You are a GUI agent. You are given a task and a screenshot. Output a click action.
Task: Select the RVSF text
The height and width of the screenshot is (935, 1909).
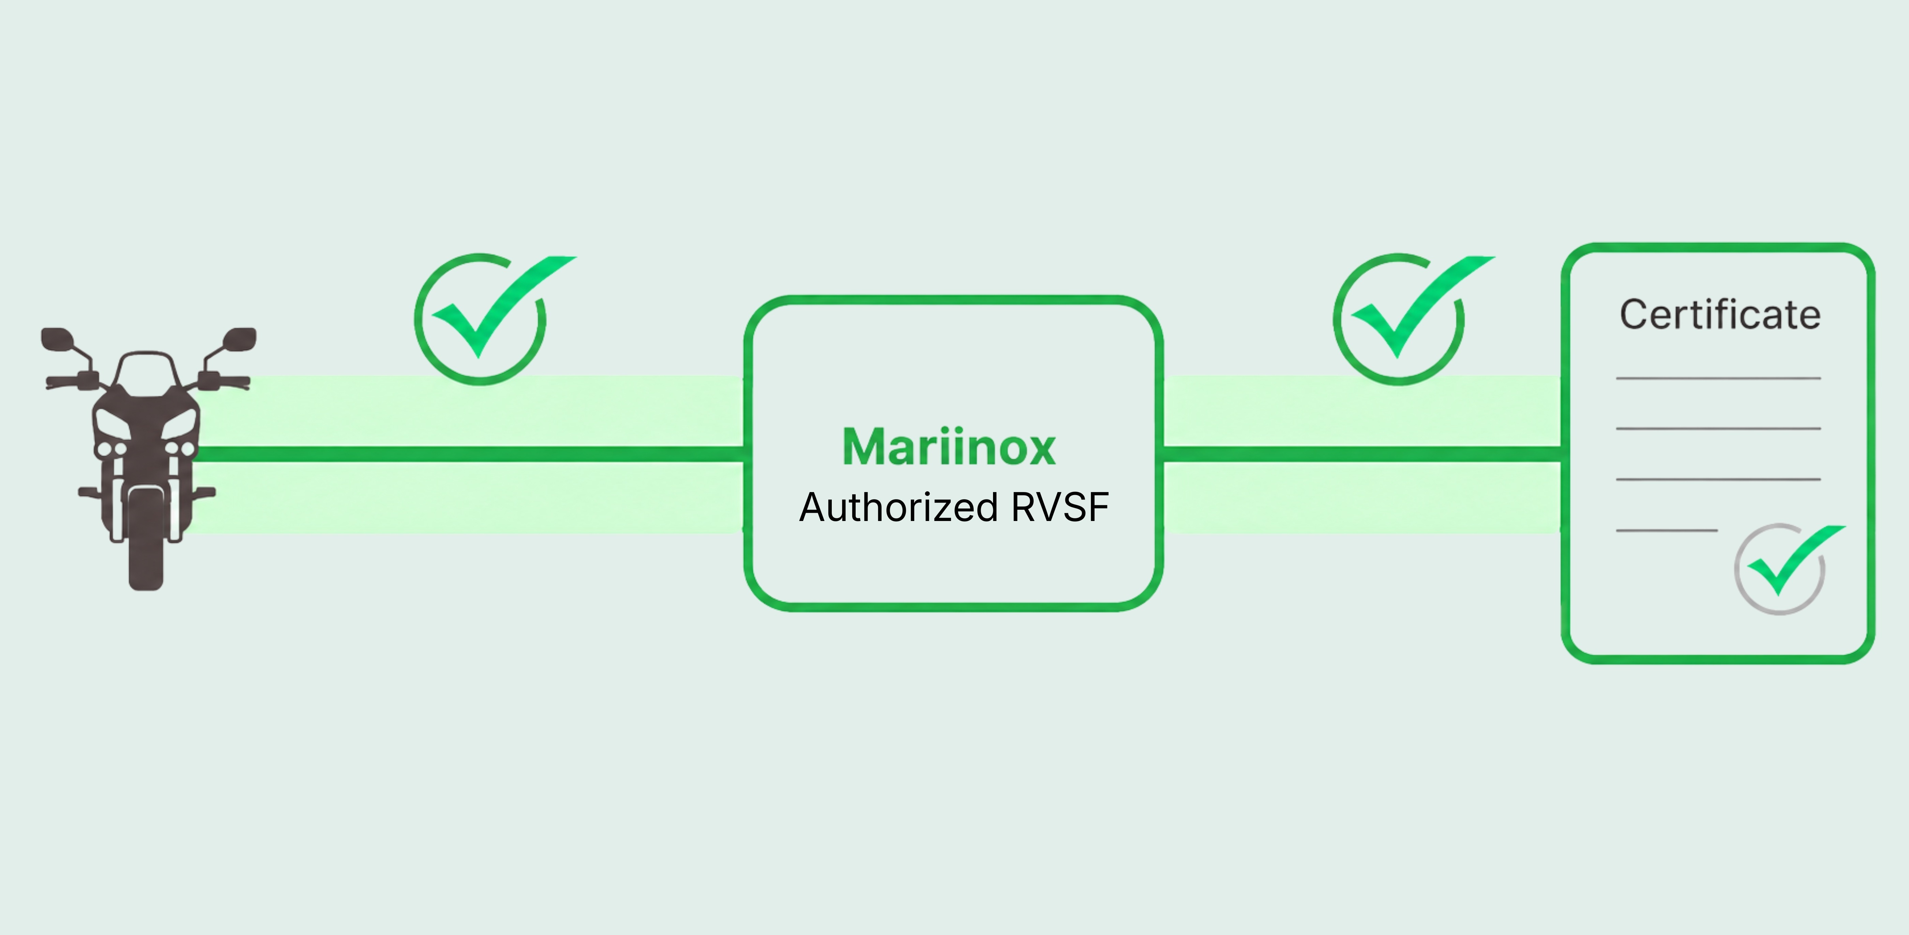tap(1060, 507)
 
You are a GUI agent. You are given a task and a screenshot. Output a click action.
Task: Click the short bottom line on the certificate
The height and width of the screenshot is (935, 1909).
tap(1667, 531)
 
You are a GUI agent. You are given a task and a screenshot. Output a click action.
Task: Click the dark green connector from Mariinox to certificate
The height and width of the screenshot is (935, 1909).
tap(1362, 454)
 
